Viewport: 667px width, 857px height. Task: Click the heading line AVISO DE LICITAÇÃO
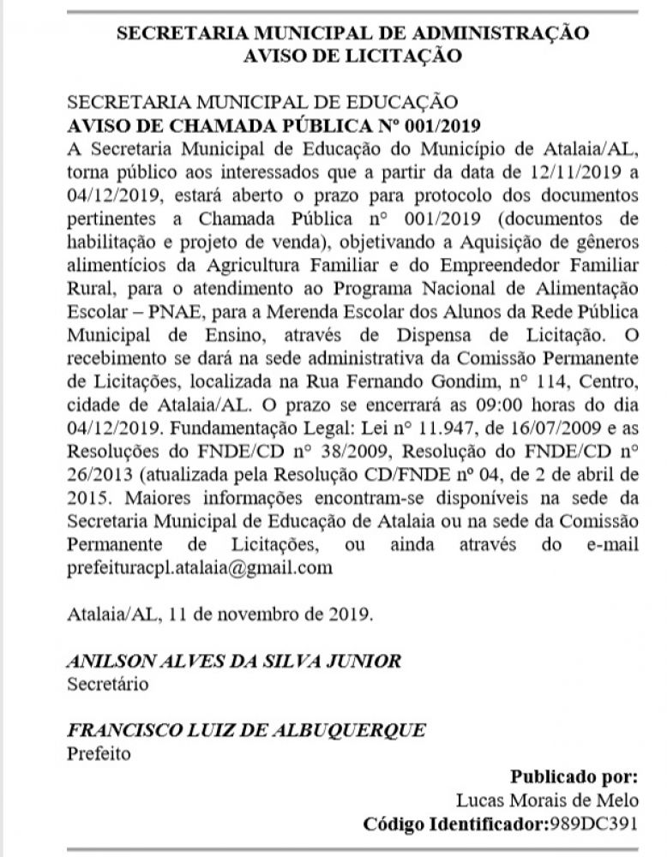352,57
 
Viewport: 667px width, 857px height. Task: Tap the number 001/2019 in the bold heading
448,123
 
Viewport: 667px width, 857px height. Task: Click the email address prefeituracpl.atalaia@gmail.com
199,568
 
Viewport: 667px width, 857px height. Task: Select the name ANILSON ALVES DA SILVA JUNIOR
233,661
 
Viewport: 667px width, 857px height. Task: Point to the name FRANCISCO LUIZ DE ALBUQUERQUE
245,730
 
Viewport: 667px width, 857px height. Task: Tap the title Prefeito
99,753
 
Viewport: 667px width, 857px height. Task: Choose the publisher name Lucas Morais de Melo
547,800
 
